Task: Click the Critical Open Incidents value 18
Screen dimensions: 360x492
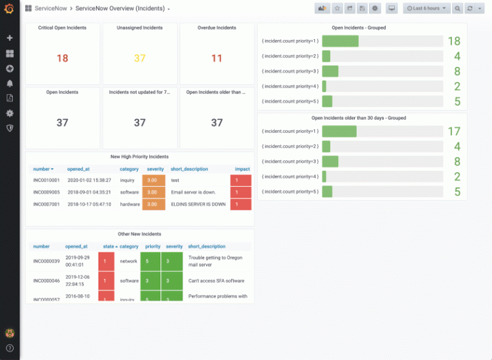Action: pyautogui.click(x=62, y=58)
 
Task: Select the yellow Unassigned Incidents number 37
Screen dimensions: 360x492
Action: pyautogui.click(x=140, y=58)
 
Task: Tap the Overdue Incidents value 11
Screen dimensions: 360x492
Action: pyautogui.click(x=217, y=58)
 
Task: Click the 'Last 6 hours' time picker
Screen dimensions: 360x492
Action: pyautogui.click(x=426, y=8)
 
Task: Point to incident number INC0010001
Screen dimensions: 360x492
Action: pyautogui.click(x=46, y=180)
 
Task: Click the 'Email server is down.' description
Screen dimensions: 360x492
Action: pyautogui.click(x=193, y=192)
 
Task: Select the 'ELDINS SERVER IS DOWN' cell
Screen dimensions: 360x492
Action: pyautogui.click(x=198, y=204)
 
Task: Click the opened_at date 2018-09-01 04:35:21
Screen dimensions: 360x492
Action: pyautogui.click(x=90, y=192)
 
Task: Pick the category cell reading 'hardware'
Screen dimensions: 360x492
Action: pyautogui.click(x=129, y=204)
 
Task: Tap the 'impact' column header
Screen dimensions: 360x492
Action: pyautogui.click(x=242, y=169)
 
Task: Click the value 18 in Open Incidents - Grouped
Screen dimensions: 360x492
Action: pyautogui.click(x=454, y=41)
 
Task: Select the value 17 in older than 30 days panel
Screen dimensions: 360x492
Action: pyautogui.click(x=454, y=131)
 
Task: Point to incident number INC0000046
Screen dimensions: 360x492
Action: pyautogui.click(x=46, y=281)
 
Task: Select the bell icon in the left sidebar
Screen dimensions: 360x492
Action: pyautogui.click(x=10, y=83)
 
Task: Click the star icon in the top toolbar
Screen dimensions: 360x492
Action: pyautogui.click(x=336, y=8)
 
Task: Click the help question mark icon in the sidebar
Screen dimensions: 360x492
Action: pyautogui.click(x=10, y=348)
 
